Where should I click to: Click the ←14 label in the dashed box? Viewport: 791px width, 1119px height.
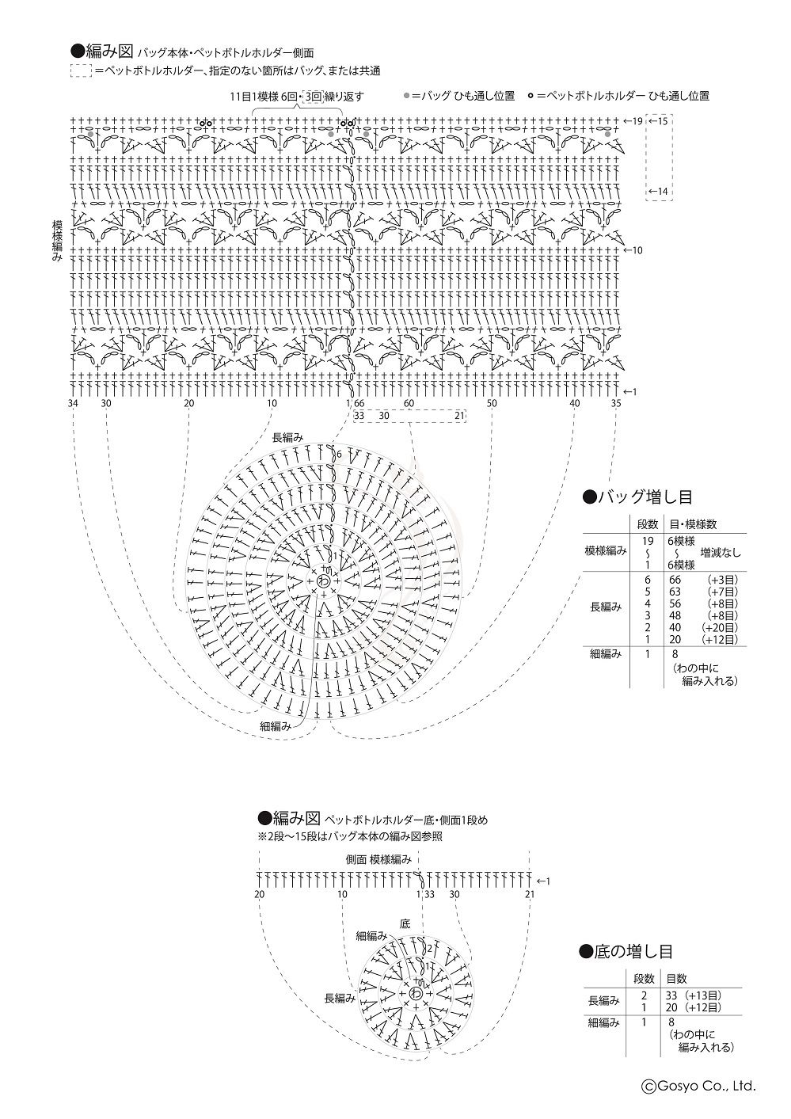pos(659,192)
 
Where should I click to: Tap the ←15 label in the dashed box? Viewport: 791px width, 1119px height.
pos(659,121)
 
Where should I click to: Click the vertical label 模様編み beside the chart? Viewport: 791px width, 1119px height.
pos(58,240)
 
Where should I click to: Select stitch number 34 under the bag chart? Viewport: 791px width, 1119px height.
pos(73,404)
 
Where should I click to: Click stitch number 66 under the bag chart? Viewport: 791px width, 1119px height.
pos(359,404)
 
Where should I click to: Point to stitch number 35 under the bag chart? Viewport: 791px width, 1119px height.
pos(616,404)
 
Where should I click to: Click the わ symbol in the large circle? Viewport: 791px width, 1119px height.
pos(324,581)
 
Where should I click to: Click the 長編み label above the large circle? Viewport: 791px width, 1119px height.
pos(287,438)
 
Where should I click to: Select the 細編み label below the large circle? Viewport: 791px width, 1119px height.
pos(276,727)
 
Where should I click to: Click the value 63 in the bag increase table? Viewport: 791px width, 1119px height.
pos(675,592)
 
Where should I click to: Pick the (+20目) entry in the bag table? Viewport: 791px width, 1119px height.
pos(720,627)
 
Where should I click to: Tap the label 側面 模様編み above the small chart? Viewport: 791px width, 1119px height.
pos(378,860)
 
